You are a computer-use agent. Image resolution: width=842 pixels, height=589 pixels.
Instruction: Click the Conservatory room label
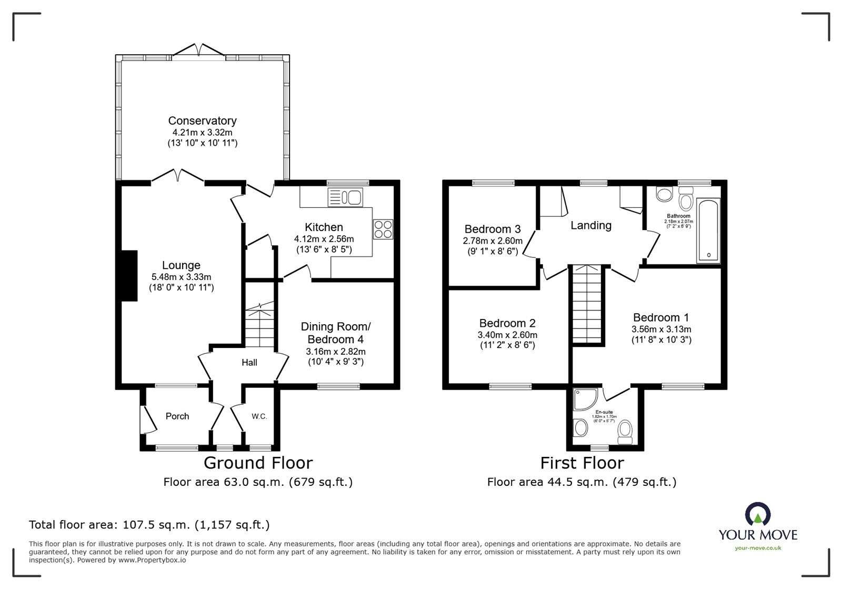[202, 121]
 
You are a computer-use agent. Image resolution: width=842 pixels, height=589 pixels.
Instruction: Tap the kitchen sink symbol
[345, 197]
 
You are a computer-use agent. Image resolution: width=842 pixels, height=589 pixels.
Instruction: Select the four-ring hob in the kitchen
[383, 229]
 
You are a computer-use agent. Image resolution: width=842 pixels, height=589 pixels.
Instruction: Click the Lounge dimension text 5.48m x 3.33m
[181, 277]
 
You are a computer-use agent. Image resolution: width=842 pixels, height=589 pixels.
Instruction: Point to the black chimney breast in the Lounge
[129, 276]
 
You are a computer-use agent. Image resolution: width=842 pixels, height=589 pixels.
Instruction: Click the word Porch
[177, 416]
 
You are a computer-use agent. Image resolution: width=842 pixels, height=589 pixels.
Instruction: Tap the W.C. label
[259, 416]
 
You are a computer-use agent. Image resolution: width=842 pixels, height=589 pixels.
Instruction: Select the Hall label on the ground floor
[249, 362]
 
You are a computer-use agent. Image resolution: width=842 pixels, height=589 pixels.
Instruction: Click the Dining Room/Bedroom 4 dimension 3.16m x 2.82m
[336, 351]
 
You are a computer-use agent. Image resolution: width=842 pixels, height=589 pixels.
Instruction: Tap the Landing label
[591, 225]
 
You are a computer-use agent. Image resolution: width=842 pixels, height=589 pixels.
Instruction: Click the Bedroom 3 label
[493, 229]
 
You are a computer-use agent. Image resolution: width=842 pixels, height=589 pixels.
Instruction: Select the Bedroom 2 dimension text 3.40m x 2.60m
[507, 335]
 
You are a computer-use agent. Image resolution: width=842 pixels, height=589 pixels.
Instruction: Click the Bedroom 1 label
[661, 317]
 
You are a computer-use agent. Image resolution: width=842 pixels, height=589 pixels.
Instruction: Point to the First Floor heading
[582, 463]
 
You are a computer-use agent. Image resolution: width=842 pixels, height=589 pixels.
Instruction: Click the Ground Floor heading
[258, 463]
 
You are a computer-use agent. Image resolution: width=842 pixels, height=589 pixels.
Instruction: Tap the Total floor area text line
[149, 525]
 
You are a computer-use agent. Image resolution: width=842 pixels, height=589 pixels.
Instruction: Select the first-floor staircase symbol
[587, 304]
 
